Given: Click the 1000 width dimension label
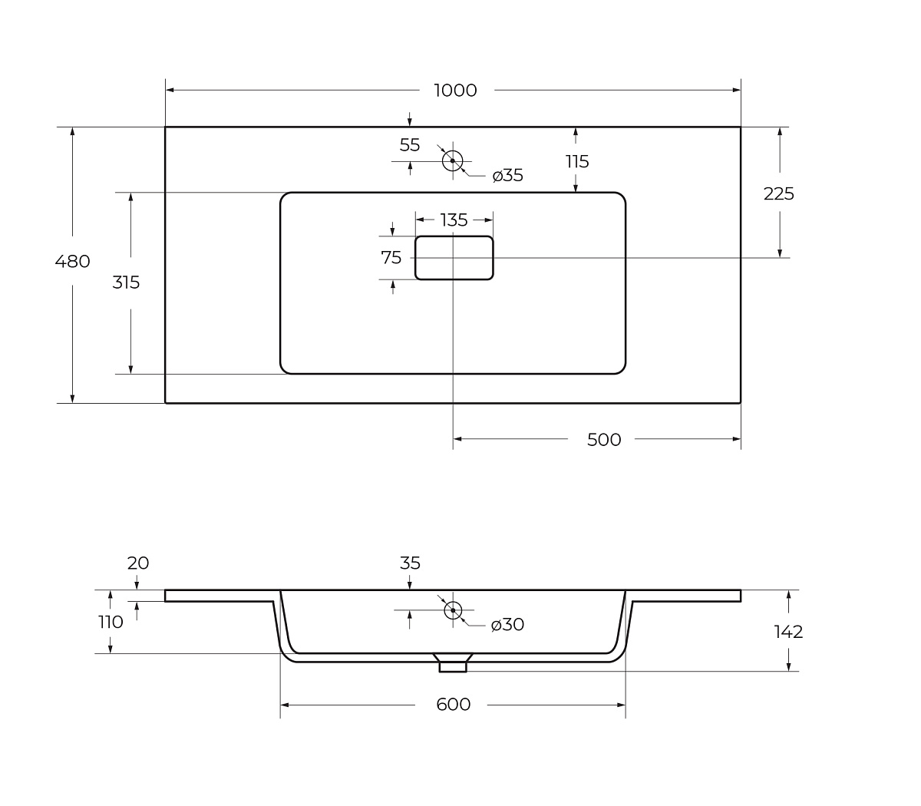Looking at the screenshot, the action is tap(455, 91).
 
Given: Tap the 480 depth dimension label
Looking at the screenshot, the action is tap(72, 261).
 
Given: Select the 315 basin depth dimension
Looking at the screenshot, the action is tap(126, 282).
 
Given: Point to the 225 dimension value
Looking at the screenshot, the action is tap(779, 193).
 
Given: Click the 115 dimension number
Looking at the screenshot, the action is tap(577, 161).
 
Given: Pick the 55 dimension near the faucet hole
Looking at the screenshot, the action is tap(410, 145).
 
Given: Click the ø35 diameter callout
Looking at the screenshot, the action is tap(508, 175).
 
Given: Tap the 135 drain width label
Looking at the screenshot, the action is tap(454, 220).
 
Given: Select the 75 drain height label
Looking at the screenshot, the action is tap(391, 258).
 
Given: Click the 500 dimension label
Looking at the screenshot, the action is tap(604, 440).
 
